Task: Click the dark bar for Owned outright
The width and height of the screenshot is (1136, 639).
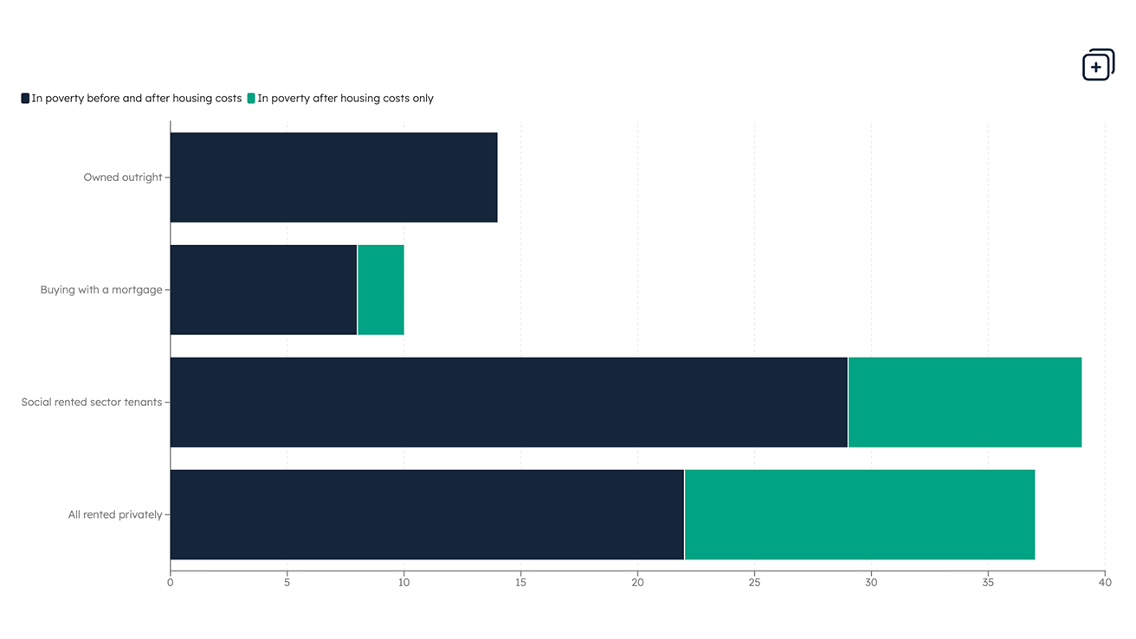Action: tap(333, 177)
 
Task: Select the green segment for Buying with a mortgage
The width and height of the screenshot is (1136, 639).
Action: tap(381, 290)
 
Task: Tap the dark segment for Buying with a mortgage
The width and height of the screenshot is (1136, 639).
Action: tap(263, 290)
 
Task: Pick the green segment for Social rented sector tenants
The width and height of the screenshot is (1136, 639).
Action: tap(965, 403)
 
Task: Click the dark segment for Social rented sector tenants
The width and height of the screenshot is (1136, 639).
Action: tap(508, 403)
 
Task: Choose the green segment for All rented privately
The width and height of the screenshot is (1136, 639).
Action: tap(859, 515)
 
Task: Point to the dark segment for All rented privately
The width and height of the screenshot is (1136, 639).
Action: tap(427, 515)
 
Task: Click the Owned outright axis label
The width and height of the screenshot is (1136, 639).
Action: tap(123, 177)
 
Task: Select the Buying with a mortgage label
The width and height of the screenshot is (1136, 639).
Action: tap(101, 290)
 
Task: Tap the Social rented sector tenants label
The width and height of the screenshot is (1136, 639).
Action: tap(92, 403)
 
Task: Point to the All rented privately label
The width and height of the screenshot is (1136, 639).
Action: tap(115, 515)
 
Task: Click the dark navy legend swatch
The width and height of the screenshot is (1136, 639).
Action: tap(25, 99)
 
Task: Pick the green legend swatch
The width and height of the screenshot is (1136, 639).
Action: tap(251, 99)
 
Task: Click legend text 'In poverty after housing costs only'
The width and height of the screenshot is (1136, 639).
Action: tap(345, 99)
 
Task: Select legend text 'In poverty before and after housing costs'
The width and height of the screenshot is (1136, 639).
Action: tap(137, 99)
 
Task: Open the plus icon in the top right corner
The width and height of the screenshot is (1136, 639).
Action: tap(1098, 65)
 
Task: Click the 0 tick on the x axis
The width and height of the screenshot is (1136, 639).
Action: tap(171, 583)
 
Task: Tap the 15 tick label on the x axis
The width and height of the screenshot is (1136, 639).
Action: tap(520, 583)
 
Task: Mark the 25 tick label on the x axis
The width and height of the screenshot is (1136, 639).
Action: tap(754, 583)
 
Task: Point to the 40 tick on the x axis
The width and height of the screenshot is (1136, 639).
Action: tap(1105, 583)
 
